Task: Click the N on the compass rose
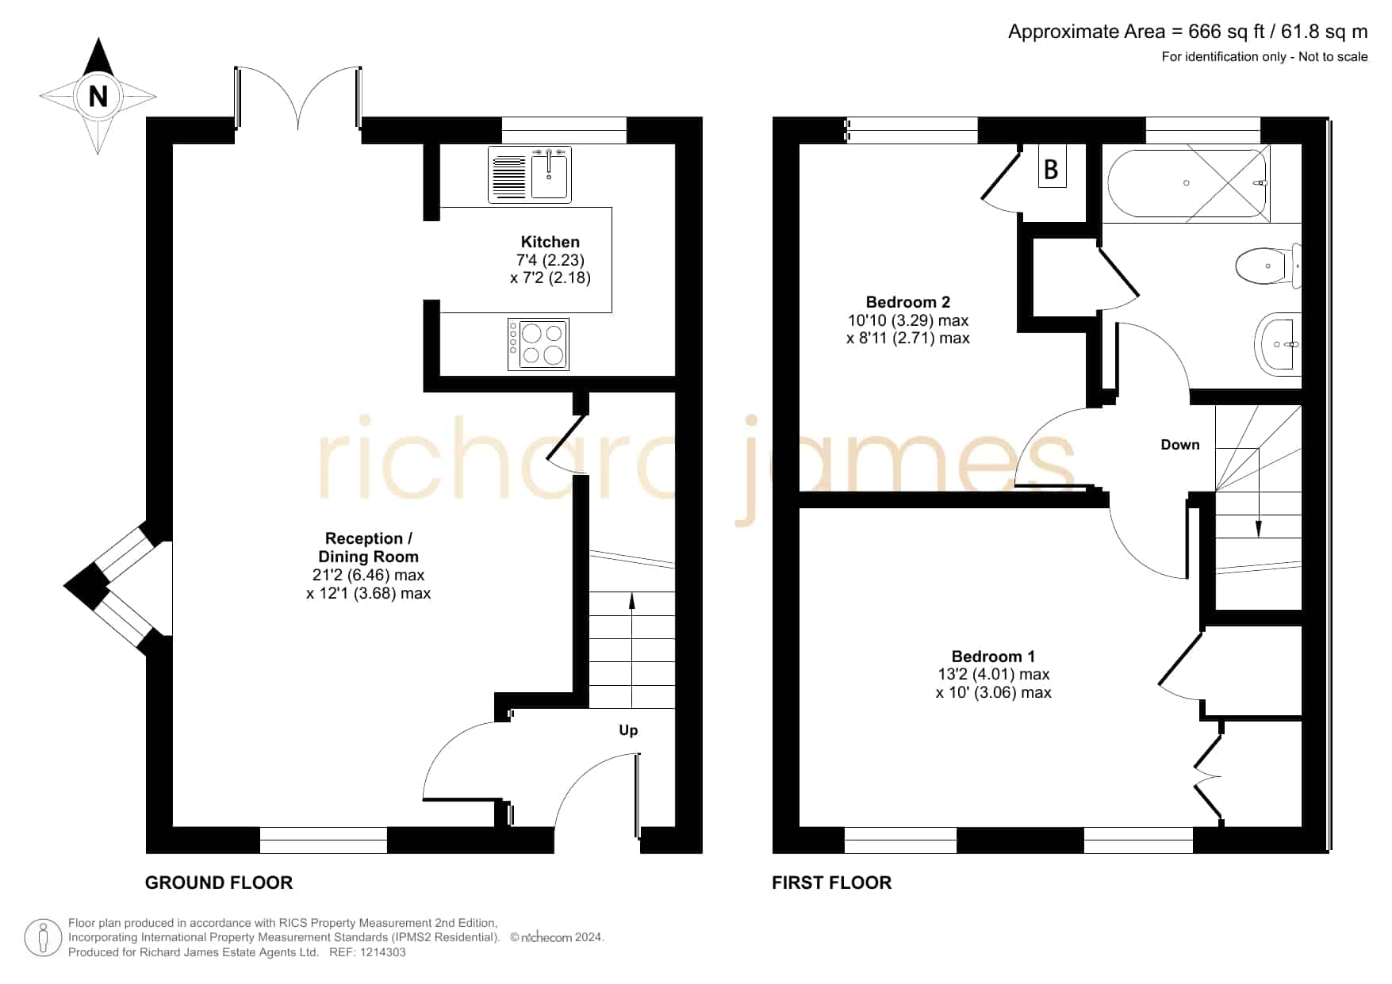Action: (98, 97)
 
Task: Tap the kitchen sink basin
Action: (549, 176)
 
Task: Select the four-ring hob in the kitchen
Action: (539, 344)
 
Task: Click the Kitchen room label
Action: (550, 242)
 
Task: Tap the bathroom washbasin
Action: (1278, 344)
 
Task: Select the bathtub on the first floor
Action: (1187, 183)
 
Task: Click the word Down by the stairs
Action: (1180, 445)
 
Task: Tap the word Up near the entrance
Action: (628, 730)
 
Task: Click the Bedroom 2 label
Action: (908, 302)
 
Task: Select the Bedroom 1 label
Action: (993, 657)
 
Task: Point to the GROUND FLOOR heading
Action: (219, 883)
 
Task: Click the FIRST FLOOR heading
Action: (832, 883)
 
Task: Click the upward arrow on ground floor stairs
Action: (632, 650)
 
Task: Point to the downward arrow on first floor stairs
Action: (1259, 492)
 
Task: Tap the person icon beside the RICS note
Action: (43, 938)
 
